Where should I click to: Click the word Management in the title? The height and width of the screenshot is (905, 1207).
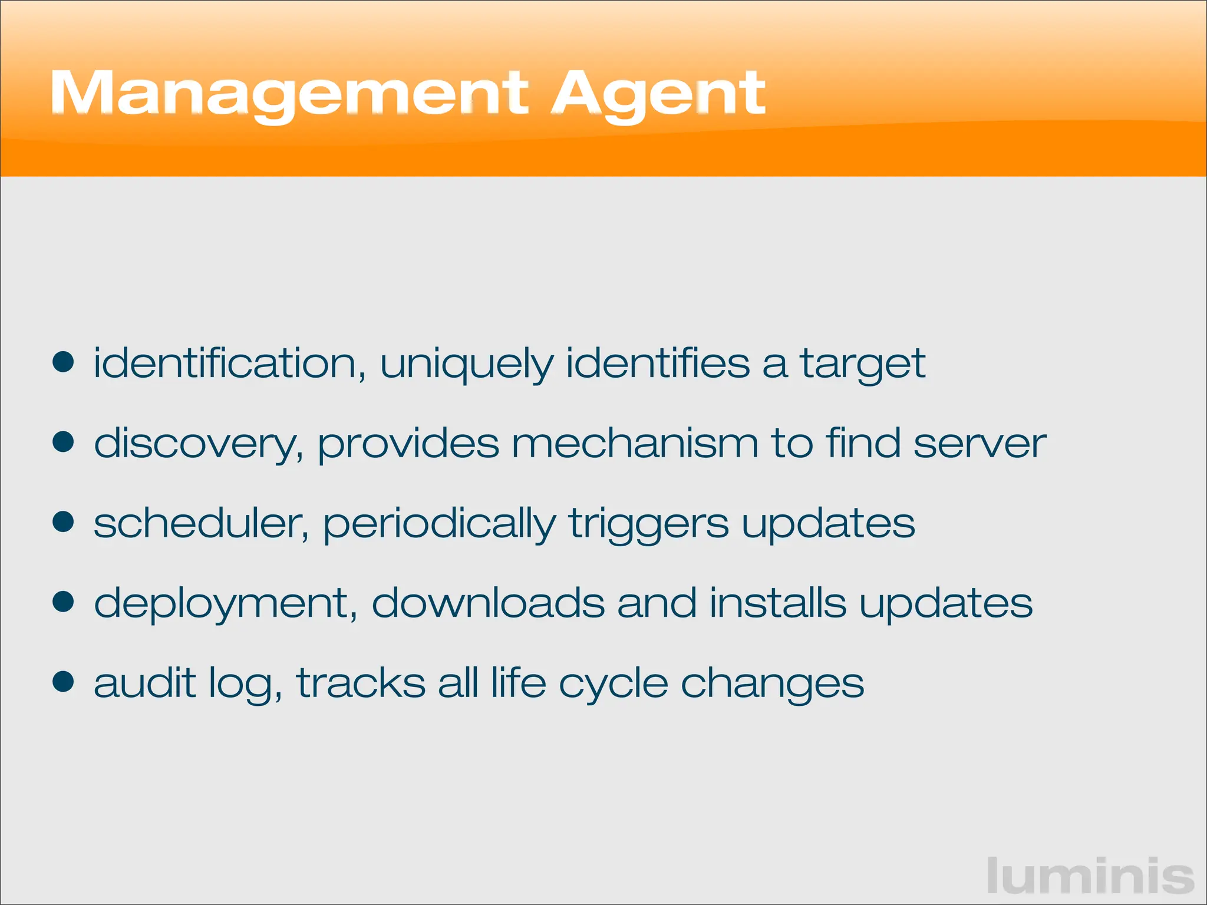click(289, 94)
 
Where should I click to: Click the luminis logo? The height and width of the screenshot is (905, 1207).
click(1090, 876)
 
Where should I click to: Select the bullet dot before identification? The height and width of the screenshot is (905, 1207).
click(63, 362)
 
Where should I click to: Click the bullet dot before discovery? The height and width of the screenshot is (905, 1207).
click(63, 442)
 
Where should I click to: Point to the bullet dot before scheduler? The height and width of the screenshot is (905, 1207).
click(63, 522)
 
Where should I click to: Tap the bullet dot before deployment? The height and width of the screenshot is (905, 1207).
click(63, 602)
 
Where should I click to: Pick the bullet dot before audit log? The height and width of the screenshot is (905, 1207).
click(63, 682)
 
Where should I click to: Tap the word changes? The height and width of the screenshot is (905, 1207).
click(772, 683)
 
